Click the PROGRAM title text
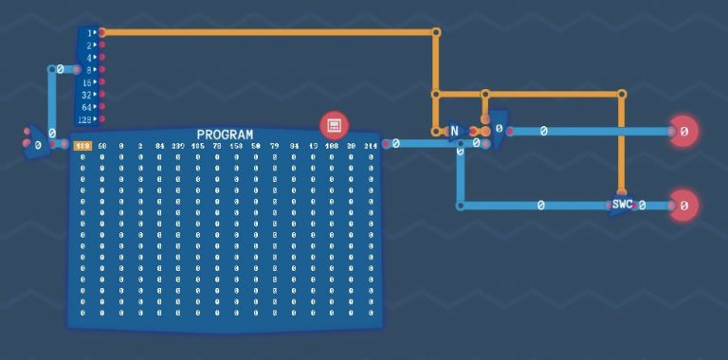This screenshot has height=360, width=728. pyautogui.click(x=225, y=135)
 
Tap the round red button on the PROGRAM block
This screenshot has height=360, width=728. pyautogui.click(x=334, y=124)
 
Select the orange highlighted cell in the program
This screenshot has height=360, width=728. pyautogui.click(x=82, y=146)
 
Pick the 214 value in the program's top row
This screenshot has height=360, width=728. pyautogui.click(x=370, y=146)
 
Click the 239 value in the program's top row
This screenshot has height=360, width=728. pyautogui.click(x=178, y=146)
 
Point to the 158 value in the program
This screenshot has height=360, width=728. pyautogui.click(x=236, y=146)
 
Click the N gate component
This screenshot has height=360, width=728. pyautogui.click(x=454, y=131)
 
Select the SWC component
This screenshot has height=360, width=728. pyautogui.click(x=622, y=205)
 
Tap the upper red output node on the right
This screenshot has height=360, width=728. pyautogui.click(x=683, y=131)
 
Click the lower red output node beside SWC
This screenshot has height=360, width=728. pyautogui.click(x=683, y=205)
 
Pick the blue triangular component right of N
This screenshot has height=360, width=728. pyautogui.click(x=496, y=130)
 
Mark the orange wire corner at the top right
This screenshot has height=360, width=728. pyautogui.click(x=436, y=32)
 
